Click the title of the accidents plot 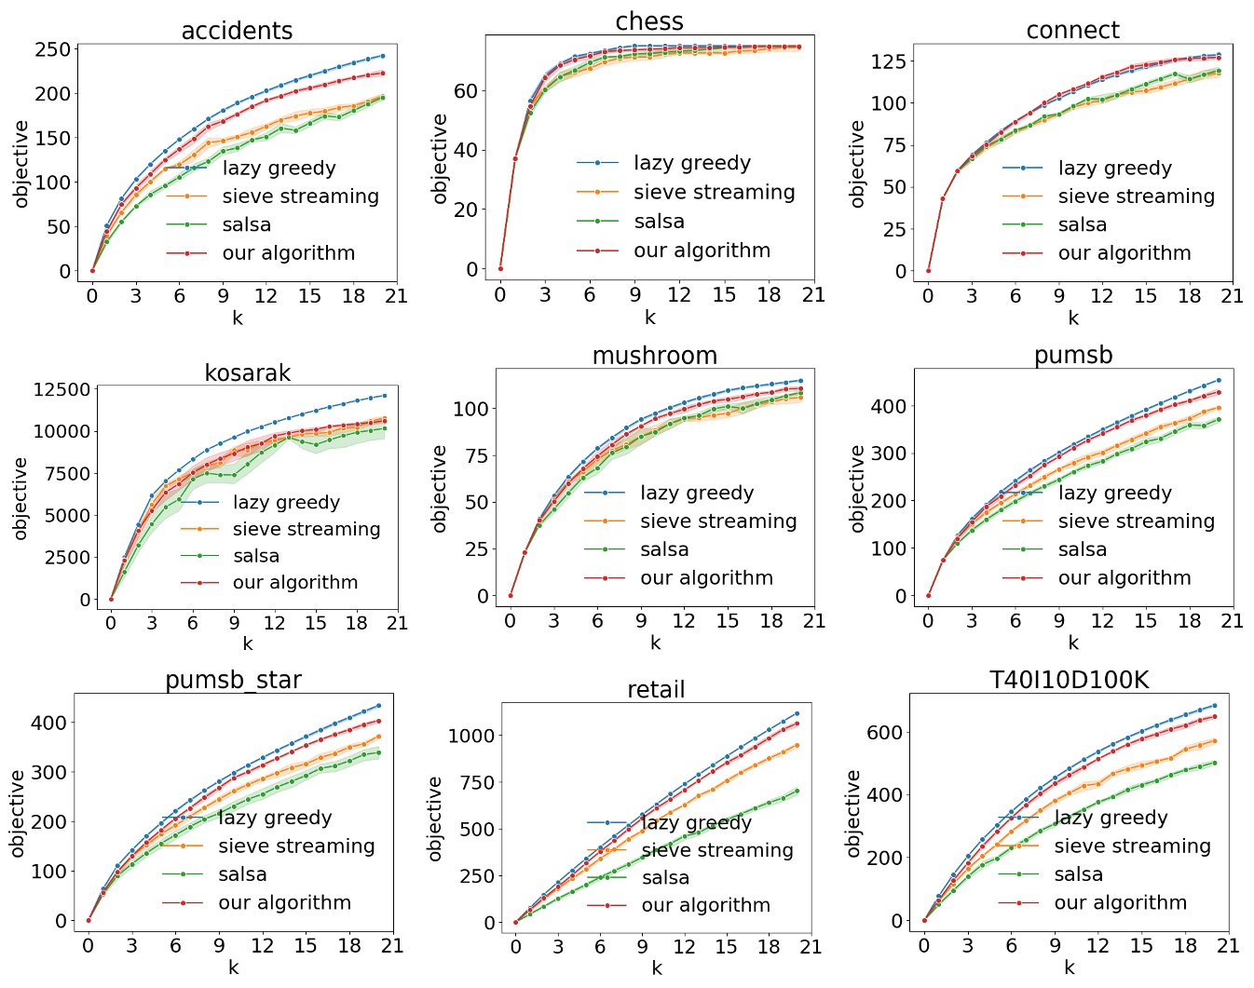(237, 31)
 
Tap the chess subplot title (649, 21)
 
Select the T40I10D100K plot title (1069, 680)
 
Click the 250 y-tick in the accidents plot (52, 49)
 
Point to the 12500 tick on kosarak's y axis (61, 389)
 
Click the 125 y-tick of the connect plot (889, 61)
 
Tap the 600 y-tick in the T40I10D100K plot (884, 733)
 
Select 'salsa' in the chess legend (659, 222)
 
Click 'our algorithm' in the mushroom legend (706, 578)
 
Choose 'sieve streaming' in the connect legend (1136, 196)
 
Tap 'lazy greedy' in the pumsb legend (1114, 493)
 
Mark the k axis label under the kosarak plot (247, 643)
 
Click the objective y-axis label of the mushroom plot (440, 488)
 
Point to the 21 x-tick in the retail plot (811, 947)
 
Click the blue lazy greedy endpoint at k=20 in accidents (382, 56)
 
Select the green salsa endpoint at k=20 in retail (797, 792)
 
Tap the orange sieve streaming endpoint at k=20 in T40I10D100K (1214, 741)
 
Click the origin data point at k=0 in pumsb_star (89, 920)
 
